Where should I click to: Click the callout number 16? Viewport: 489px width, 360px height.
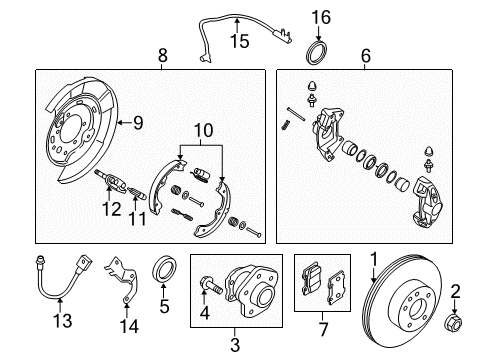(x=320, y=17)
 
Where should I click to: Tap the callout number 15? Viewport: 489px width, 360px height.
(x=237, y=41)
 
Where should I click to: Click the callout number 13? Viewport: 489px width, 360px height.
(x=36, y=320)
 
